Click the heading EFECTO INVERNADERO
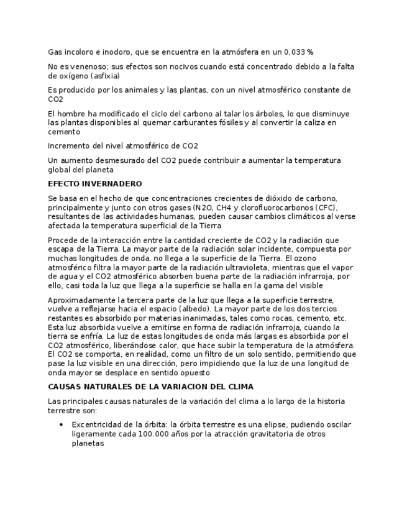point(94,184)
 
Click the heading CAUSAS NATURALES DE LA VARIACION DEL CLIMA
point(150,387)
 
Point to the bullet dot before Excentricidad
point(61,424)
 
